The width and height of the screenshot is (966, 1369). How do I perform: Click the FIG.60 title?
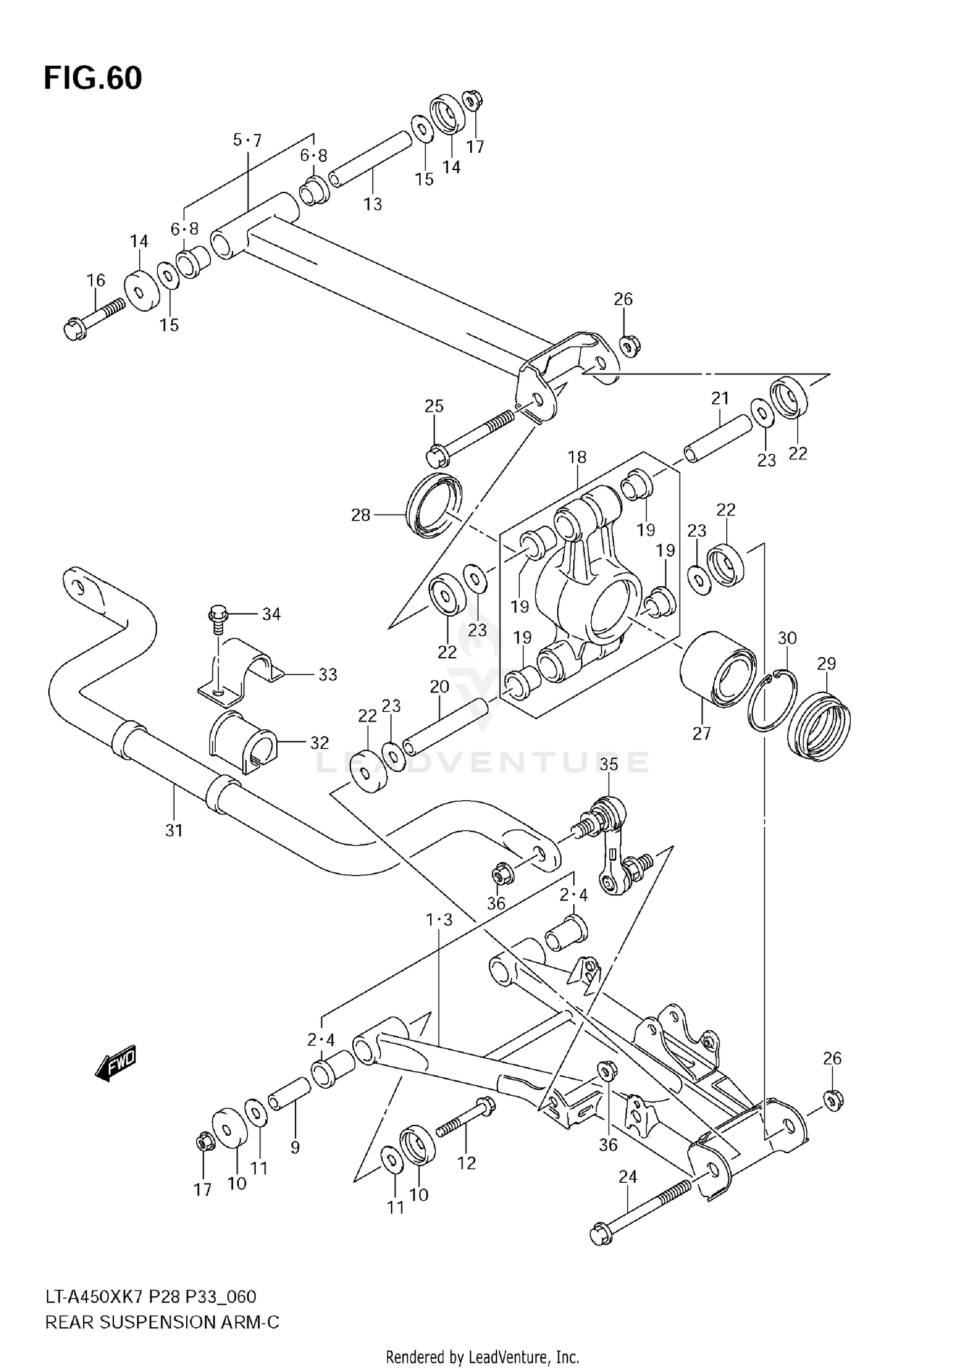tap(93, 79)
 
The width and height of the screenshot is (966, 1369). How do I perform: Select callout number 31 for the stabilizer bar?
tap(174, 830)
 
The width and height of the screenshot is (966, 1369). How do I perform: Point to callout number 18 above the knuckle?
tap(577, 457)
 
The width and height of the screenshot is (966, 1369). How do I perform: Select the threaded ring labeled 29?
tap(820, 725)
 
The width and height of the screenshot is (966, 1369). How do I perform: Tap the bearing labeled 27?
tap(718, 671)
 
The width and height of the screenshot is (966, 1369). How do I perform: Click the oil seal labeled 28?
tap(434, 506)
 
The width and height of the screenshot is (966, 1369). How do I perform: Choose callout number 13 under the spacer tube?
tap(372, 204)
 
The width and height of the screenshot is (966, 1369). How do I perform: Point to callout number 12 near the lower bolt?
tap(466, 1163)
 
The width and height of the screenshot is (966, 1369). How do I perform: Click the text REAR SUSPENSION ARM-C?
tap(162, 1323)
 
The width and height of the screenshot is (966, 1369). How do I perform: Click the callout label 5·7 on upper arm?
tap(247, 140)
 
